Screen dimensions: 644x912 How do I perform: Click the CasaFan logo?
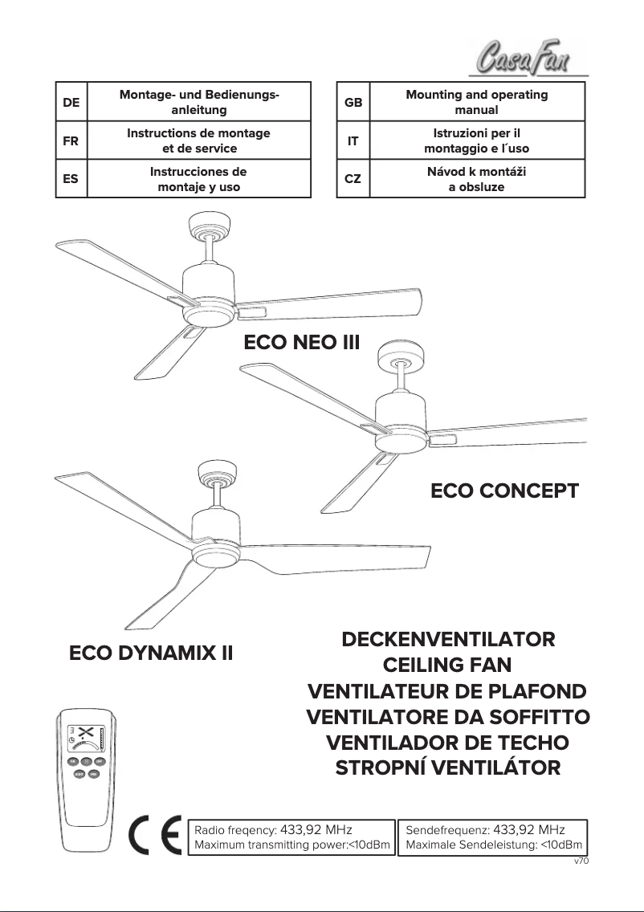[526, 58]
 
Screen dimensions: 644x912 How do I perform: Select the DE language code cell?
[71, 102]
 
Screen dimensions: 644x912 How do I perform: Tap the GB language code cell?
[353, 102]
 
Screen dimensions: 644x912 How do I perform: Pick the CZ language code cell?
[353, 179]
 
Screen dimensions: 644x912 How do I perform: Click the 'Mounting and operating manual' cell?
[476, 102]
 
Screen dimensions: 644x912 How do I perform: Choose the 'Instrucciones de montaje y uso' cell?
[198, 179]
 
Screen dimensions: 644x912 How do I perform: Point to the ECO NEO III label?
[301, 344]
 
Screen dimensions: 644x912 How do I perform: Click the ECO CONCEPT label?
[504, 491]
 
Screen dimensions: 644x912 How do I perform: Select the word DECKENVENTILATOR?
[448, 641]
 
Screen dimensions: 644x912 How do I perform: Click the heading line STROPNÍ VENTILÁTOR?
[448, 767]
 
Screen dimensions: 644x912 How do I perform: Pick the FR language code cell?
[71, 140]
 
